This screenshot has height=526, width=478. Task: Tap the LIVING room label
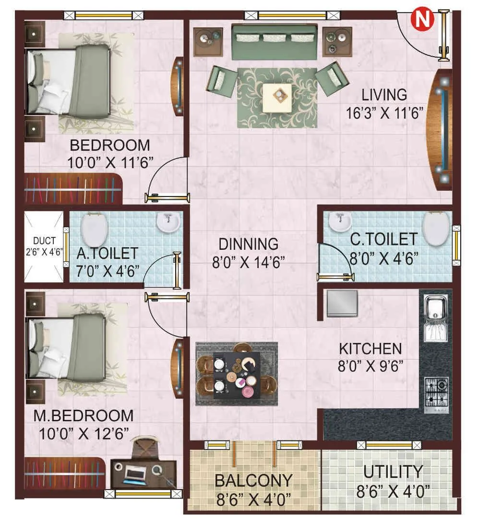(x=384, y=94)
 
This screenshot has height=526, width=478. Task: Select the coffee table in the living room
(x=277, y=98)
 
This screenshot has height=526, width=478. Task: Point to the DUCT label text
(x=44, y=241)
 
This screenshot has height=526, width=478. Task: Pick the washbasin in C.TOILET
(x=340, y=221)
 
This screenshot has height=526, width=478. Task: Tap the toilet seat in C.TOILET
(x=436, y=228)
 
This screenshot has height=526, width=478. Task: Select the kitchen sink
(x=436, y=313)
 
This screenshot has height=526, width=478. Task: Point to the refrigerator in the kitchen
(x=342, y=303)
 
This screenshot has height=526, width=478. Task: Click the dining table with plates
(x=237, y=373)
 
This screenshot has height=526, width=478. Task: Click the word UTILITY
(x=393, y=472)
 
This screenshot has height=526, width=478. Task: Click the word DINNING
(x=249, y=244)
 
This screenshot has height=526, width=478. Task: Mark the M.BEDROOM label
(x=84, y=416)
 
